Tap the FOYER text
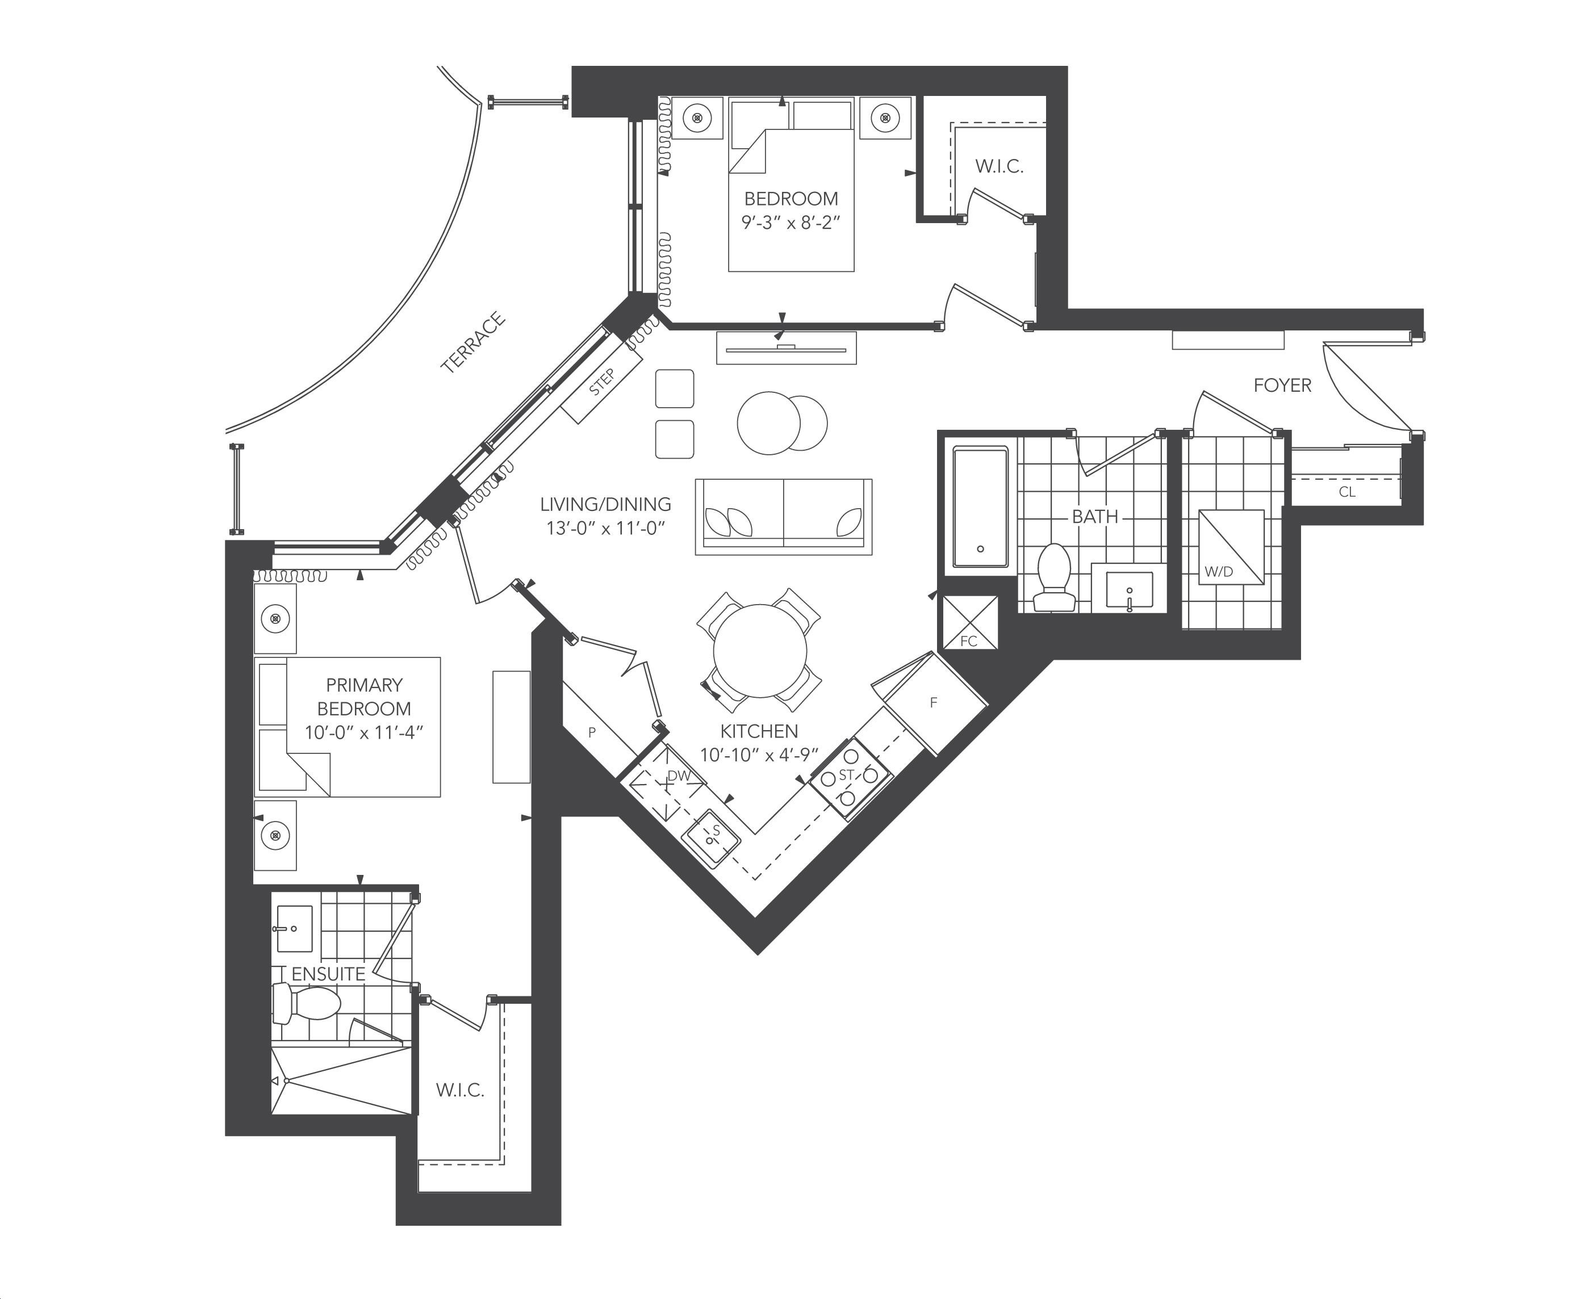click(1283, 385)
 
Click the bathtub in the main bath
click(980, 506)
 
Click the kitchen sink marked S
click(710, 837)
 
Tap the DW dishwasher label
click(679, 776)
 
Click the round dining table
click(760, 651)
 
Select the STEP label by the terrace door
click(601, 382)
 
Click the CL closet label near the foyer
click(1347, 492)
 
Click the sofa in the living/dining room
click(784, 516)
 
